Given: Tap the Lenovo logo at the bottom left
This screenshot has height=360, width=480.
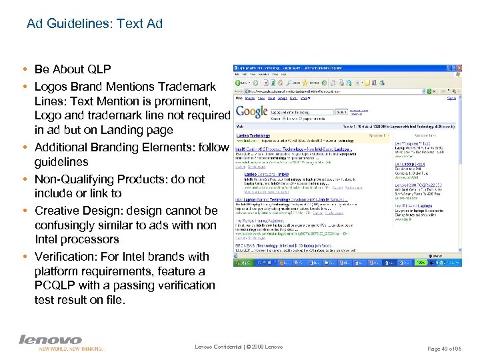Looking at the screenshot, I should (50, 340).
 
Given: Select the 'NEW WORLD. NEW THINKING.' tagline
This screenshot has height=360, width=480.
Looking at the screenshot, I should (71, 349).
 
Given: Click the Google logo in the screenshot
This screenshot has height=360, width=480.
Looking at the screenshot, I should (252, 113).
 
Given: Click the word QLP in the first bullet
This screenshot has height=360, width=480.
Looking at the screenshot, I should (97, 69).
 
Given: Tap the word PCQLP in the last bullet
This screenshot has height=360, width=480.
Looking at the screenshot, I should (57, 285).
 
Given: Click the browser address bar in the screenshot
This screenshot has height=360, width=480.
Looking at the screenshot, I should (333, 91).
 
